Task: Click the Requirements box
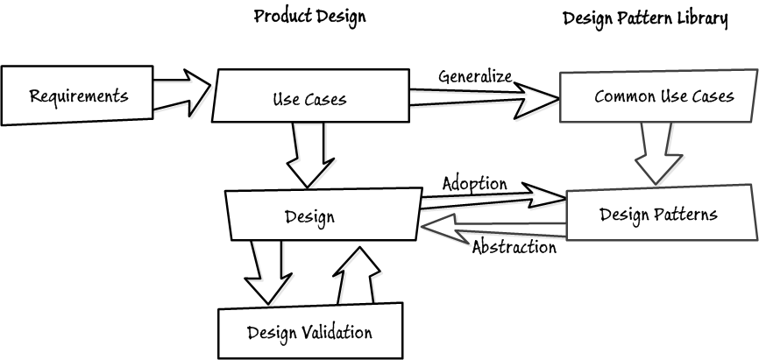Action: tap(78, 95)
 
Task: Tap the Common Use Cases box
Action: tap(657, 96)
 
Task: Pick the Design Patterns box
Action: tap(659, 214)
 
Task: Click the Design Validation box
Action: tap(309, 331)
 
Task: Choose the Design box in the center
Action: tap(322, 215)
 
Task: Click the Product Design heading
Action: tap(309, 17)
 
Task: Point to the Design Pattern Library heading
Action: tap(645, 18)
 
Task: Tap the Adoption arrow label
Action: tap(474, 183)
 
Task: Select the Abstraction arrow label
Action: tap(514, 247)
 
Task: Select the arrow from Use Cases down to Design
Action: tap(306, 152)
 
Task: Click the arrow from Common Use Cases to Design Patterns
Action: tap(656, 151)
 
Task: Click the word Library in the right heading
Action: tap(704, 18)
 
